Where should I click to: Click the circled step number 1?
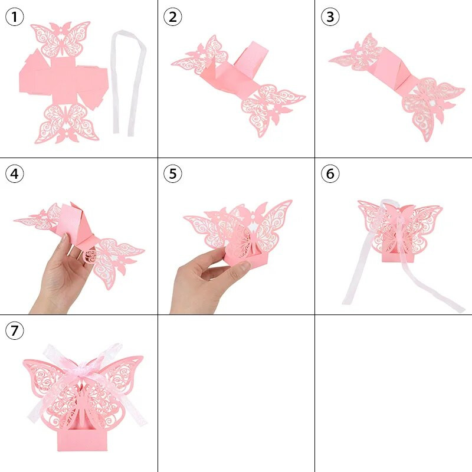pos(15,17)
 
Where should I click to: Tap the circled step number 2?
pos(172,17)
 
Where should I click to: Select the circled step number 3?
pos(330,17)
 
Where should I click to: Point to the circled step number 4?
pos(15,174)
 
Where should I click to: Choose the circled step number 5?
pos(172,174)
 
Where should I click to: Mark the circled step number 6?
pos(330,174)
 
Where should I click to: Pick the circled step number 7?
pos(15,332)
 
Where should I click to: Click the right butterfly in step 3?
pos(431,103)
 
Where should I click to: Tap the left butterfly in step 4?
pos(41,218)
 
